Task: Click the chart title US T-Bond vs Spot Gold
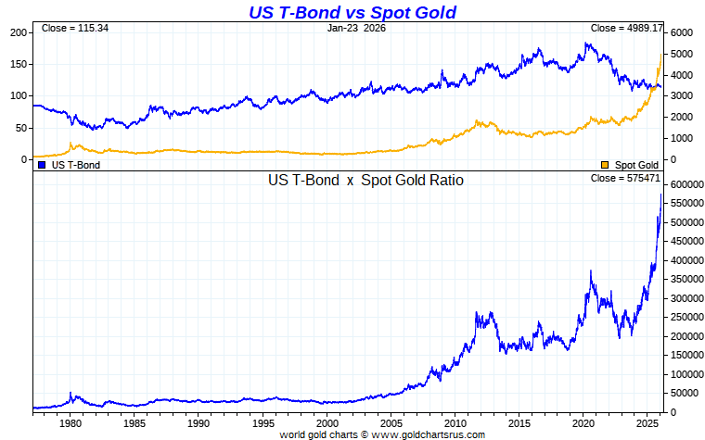[x=352, y=12]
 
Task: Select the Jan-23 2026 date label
[x=356, y=29]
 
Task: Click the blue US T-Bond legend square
[x=42, y=165]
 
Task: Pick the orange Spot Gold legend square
[x=605, y=165]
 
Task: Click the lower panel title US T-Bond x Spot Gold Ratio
[x=365, y=181]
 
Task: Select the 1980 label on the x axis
[x=70, y=422]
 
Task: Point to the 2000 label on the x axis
[x=327, y=422]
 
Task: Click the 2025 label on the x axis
[x=647, y=422]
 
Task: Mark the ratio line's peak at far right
[x=660, y=195]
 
